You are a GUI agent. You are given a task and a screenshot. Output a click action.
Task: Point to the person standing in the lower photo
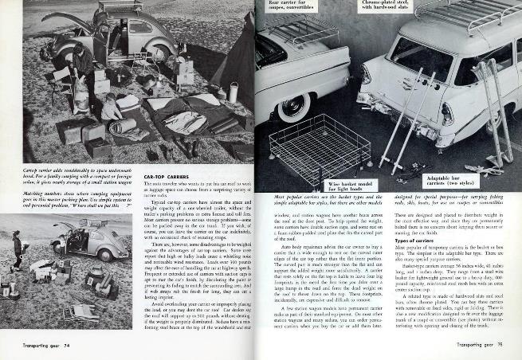(x=18, y=248)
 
